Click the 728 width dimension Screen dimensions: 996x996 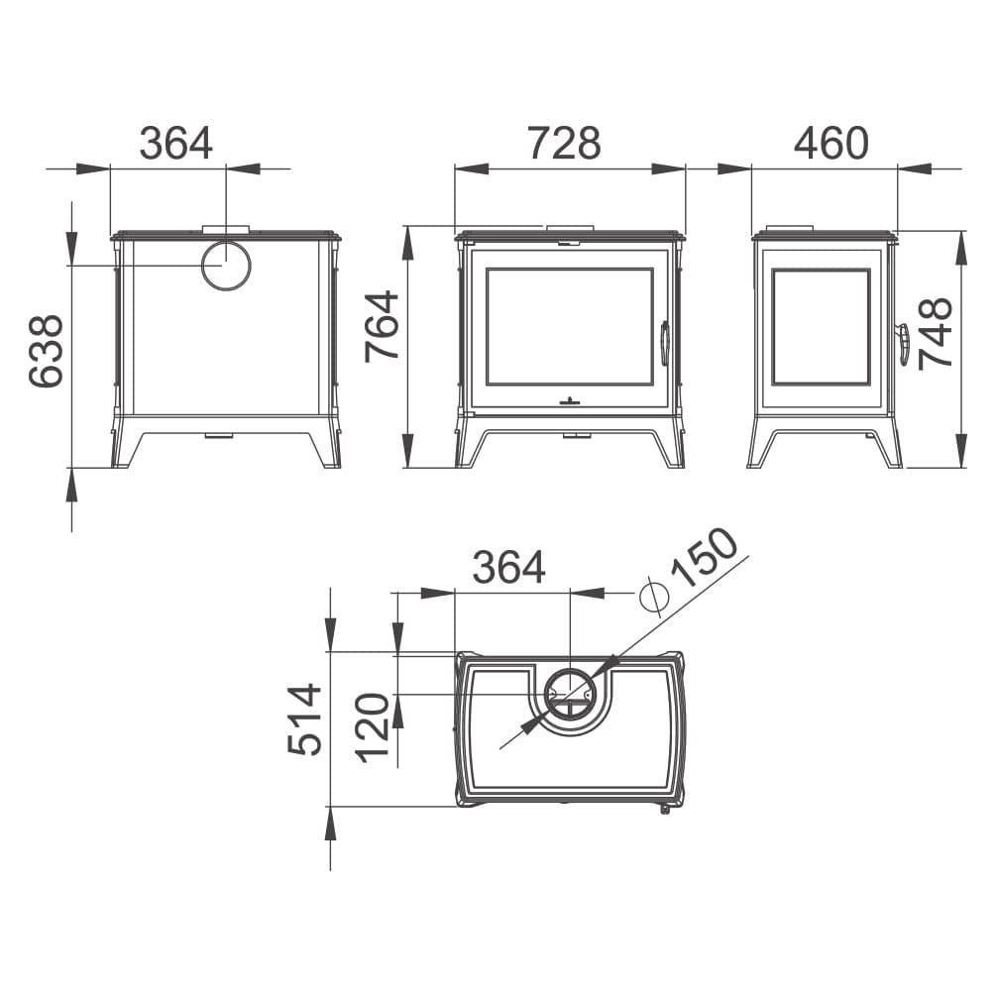pyautogui.click(x=564, y=144)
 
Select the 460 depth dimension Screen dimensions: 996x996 pyautogui.click(x=830, y=144)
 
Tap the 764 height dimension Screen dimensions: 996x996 pyautogui.click(x=382, y=326)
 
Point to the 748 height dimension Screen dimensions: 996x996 pyautogui.click(x=936, y=333)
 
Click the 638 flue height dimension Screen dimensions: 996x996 pyautogui.click(x=47, y=351)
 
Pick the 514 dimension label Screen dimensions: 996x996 pyautogui.click(x=305, y=719)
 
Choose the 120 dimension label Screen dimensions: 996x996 pyautogui.click(x=372, y=728)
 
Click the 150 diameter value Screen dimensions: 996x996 pyautogui.click(x=705, y=558)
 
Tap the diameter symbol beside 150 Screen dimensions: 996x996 pyautogui.click(x=654, y=596)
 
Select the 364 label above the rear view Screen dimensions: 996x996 pyautogui.click(x=175, y=144)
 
